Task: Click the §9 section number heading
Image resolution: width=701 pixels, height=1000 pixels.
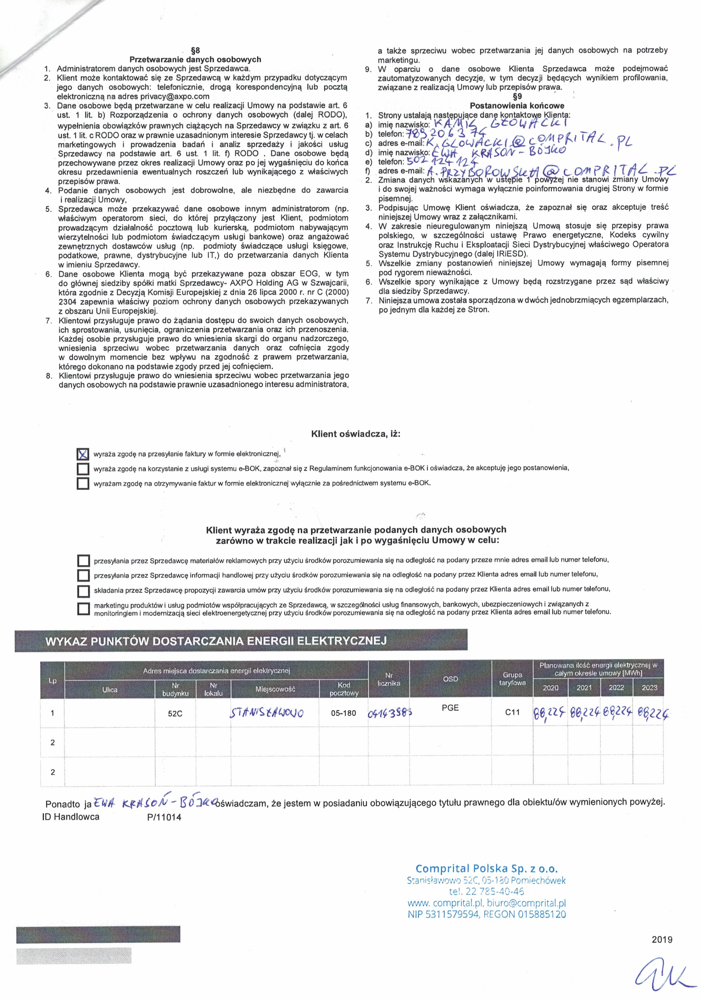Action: [517, 96]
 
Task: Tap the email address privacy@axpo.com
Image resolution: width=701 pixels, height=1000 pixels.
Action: [175, 96]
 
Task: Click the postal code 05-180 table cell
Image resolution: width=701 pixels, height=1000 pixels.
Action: [343, 713]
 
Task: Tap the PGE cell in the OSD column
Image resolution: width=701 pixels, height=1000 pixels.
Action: [450, 708]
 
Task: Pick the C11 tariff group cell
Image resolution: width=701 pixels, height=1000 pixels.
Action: [512, 712]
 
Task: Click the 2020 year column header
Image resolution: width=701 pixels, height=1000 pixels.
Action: [551, 688]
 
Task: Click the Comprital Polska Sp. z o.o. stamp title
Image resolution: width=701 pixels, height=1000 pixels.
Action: [486, 868]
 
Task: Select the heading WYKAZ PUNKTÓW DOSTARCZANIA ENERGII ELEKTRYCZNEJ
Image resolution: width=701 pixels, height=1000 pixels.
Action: [216, 641]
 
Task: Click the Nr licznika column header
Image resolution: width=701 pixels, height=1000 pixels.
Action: [389, 679]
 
